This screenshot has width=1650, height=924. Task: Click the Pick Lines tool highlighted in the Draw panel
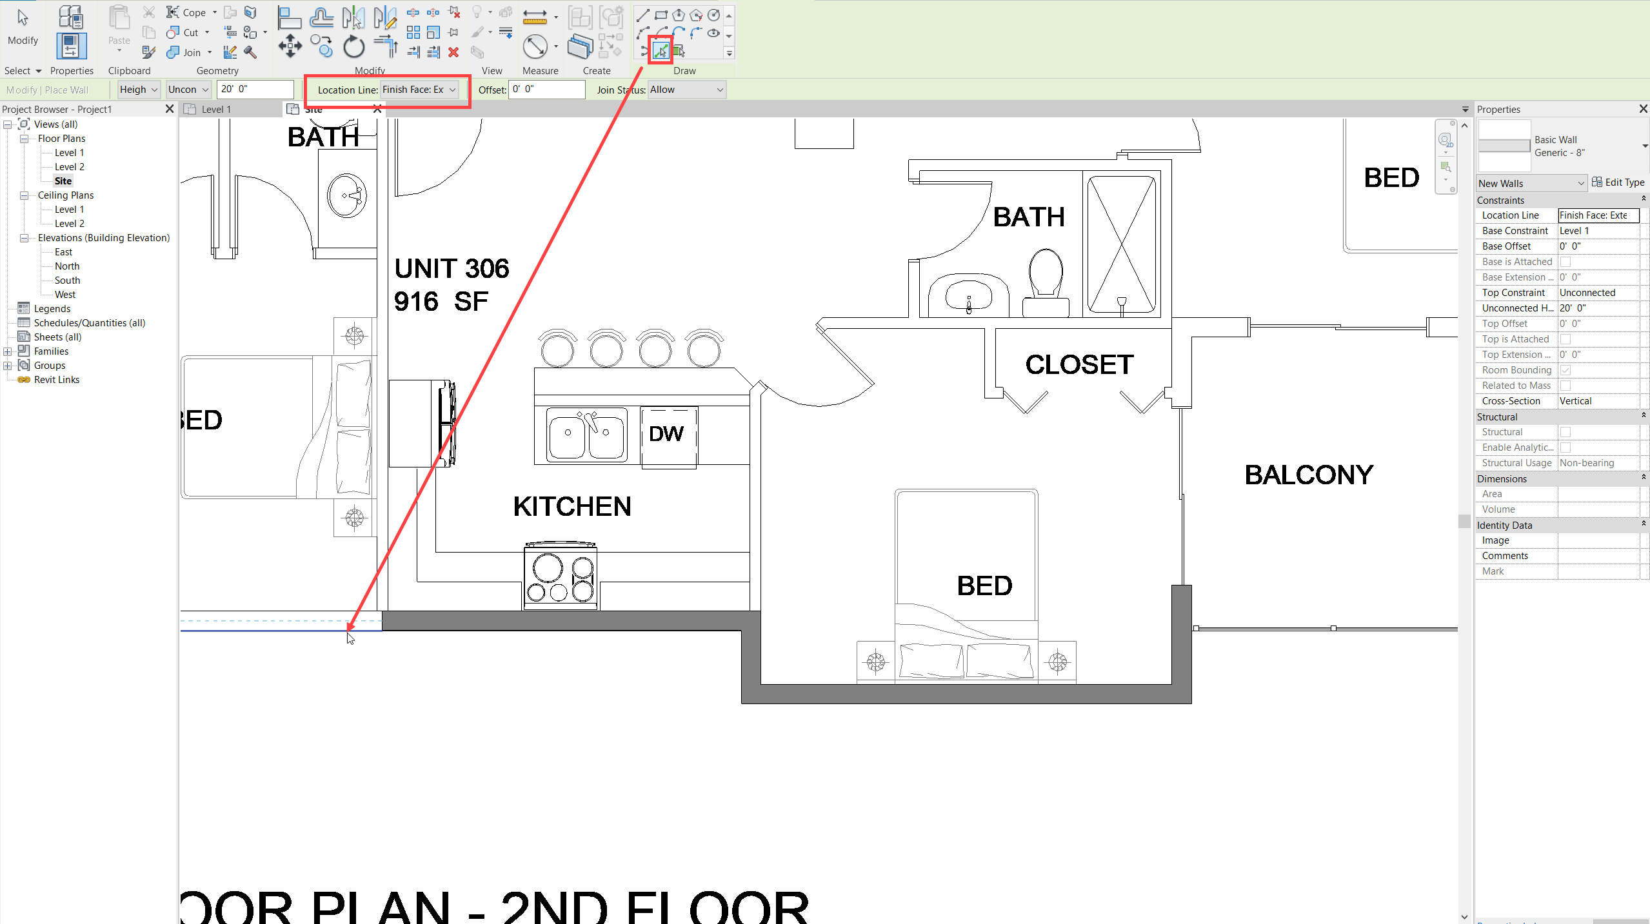click(660, 50)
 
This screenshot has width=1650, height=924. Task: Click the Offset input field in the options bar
click(546, 90)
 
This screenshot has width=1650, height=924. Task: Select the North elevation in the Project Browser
click(67, 266)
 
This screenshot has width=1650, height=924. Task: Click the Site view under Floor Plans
click(63, 181)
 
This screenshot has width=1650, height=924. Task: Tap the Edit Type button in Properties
click(1618, 182)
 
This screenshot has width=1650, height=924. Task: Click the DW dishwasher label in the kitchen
click(666, 434)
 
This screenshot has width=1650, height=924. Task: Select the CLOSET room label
click(1079, 365)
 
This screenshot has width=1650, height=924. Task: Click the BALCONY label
click(1309, 475)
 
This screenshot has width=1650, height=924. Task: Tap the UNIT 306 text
click(452, 269)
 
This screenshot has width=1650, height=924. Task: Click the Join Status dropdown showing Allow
click(686, 90)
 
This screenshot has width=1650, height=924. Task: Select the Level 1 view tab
click(216, 110)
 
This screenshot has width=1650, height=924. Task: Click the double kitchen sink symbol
click(586, 434)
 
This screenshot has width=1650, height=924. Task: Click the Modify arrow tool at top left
click(23, 26)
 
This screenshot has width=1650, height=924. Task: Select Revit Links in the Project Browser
click(57, 380)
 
